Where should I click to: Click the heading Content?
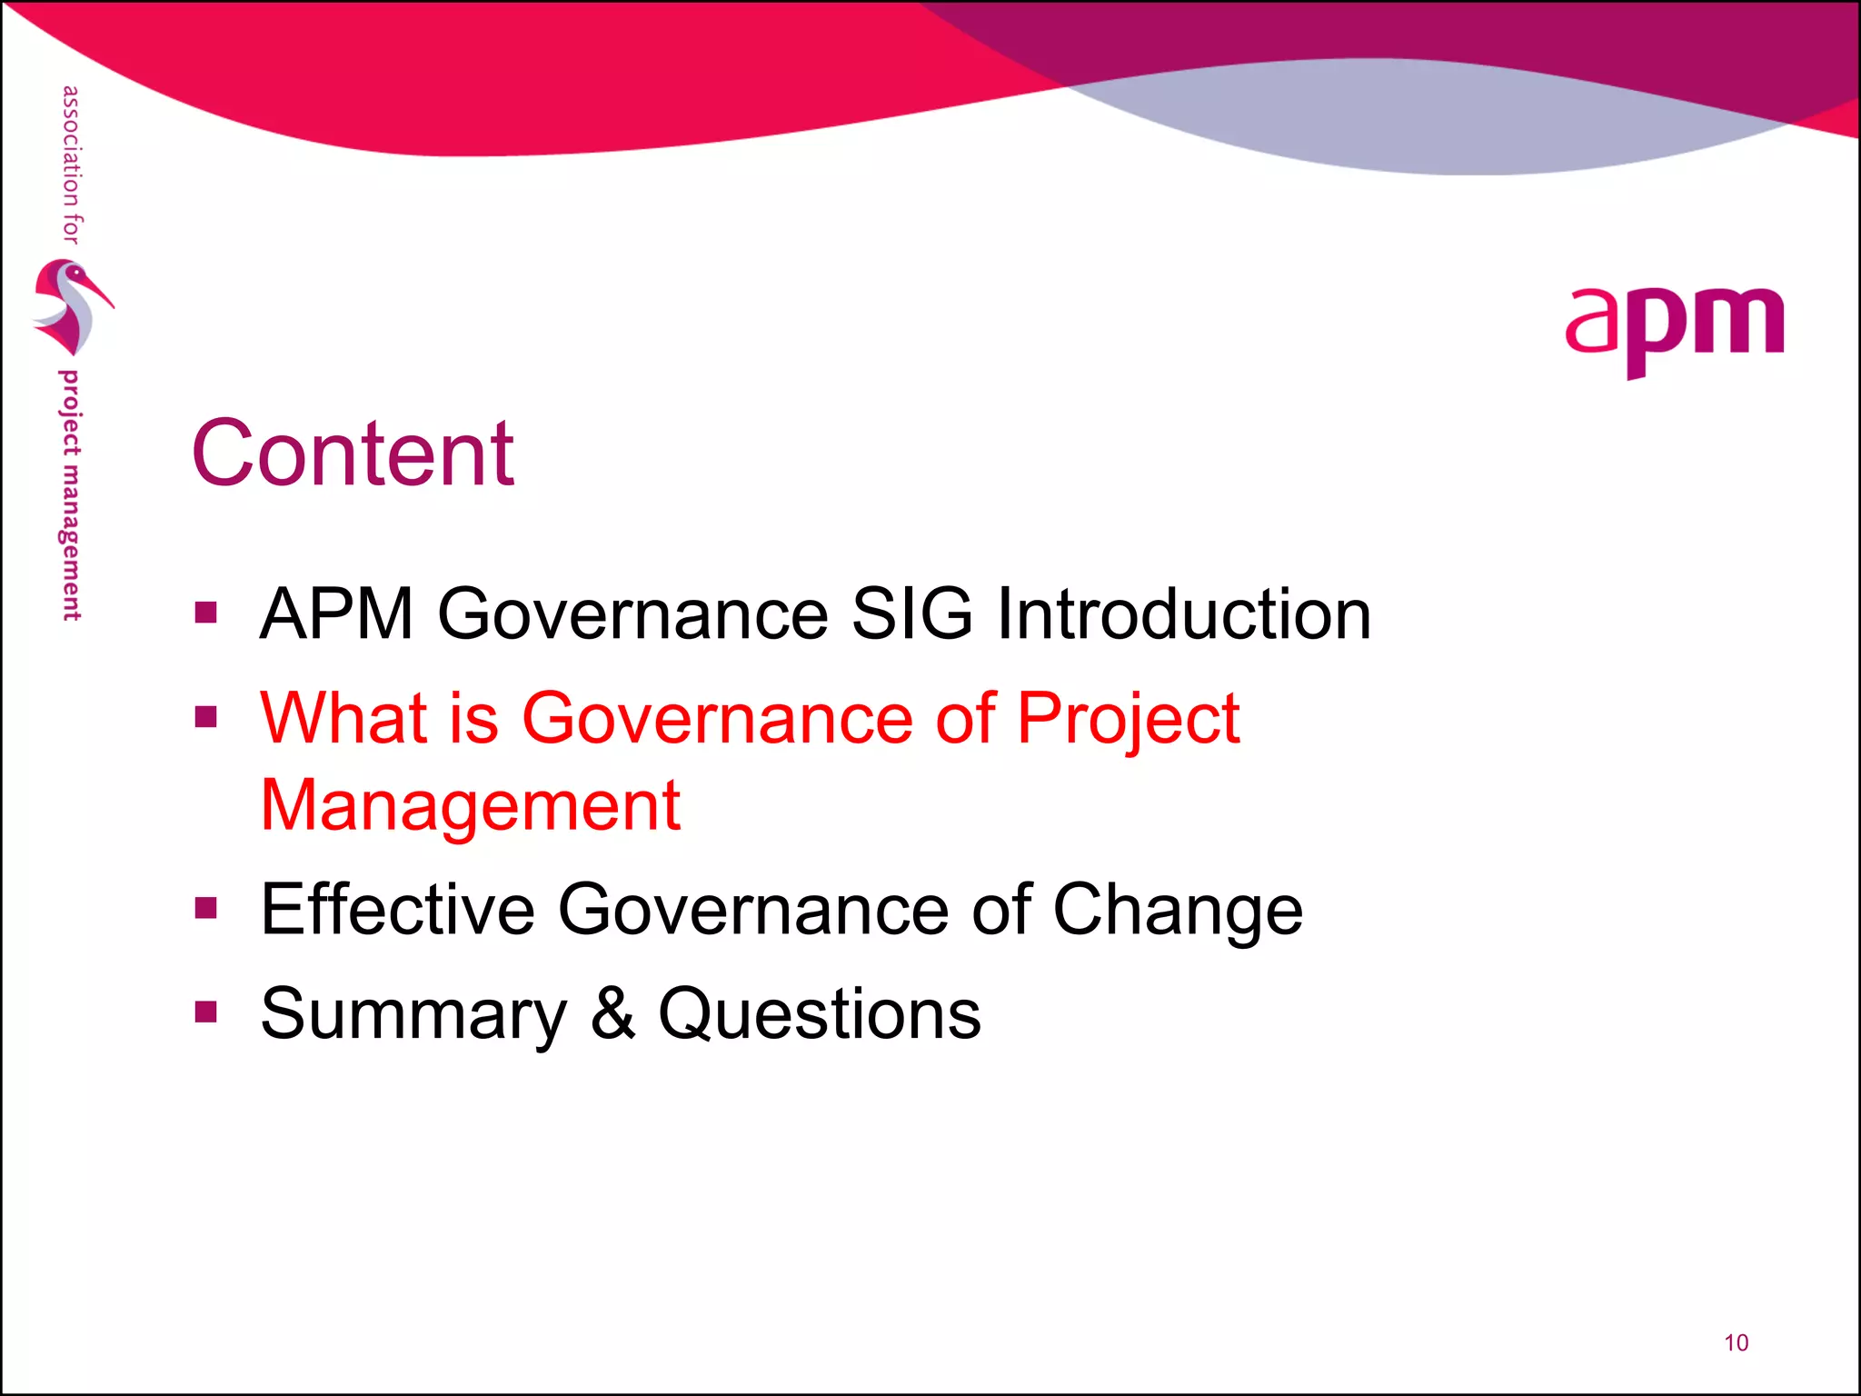coord(353,454)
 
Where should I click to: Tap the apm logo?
coord(1674,329)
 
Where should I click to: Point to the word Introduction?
coord(1183,614)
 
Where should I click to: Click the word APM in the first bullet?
coord(336,614)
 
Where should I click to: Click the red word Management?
coord(470,806)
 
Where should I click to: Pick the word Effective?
coord(397,910)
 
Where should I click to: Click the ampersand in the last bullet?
coord(612,1014)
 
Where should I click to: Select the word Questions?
coord(819,1015)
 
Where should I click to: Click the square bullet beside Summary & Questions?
coord(206,1012)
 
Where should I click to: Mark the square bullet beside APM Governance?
coord(206,612)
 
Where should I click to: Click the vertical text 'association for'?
coord(71,165)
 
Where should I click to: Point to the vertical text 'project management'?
coord(70,495)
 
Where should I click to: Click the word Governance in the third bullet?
coord(752,910)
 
